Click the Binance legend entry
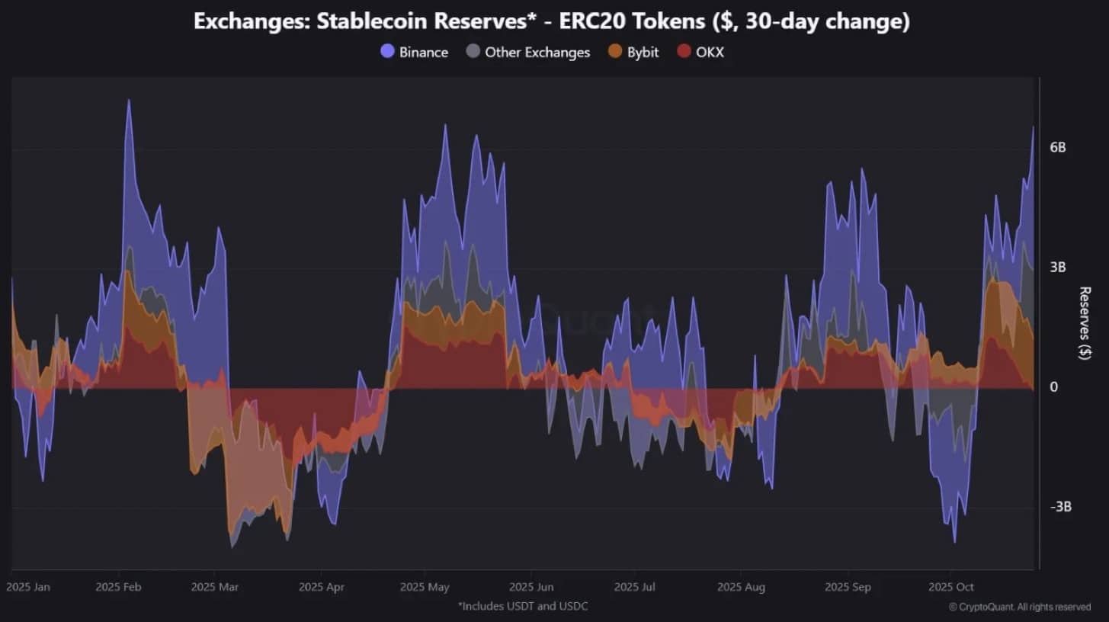[x=415, y=52]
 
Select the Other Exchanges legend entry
[x=528, y=52]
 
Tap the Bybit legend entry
[x=633, y=52]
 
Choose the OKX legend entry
[x=700, y=52]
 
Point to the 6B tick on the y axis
[x=1057, y=147]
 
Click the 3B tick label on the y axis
[x=1057, y=268]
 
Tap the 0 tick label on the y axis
[x=1053, y=386]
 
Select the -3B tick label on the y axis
[x=1060, y=507]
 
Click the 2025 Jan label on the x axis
[x=28, y=587]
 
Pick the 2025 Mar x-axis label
[x=215, y=587]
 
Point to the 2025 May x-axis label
[x=425, y=588]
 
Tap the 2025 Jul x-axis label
[x=635, y=587]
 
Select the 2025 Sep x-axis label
[x=848, y=588]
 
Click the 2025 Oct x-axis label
[x=951, y=587]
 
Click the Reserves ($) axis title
[x=1085, y=323]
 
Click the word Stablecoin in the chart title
[x=372, y=21]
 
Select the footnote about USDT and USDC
[x=523, y=606]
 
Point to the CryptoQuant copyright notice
[x=1020, y=607]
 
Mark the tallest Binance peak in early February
[x=129, y=101]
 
